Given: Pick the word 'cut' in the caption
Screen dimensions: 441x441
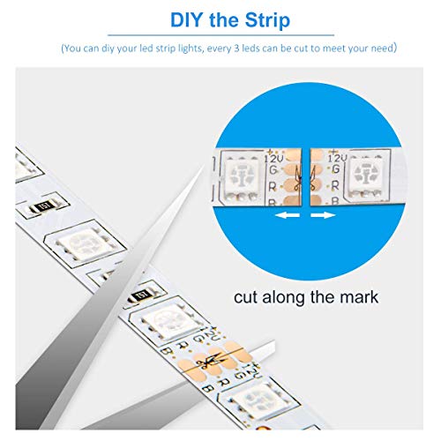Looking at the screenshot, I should tap(248, 297).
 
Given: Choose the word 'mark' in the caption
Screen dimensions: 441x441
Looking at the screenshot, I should tap(357, 297).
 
